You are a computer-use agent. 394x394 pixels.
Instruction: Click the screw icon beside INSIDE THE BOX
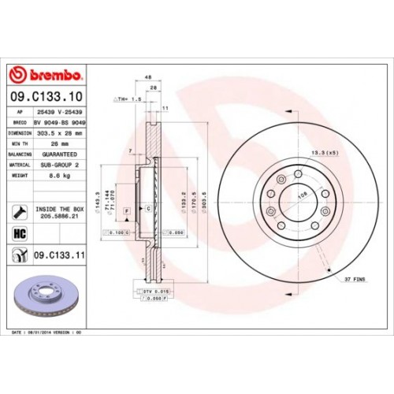(x=19, y=212)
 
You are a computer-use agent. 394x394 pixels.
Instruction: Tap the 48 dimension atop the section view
(x=147, y=77)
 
